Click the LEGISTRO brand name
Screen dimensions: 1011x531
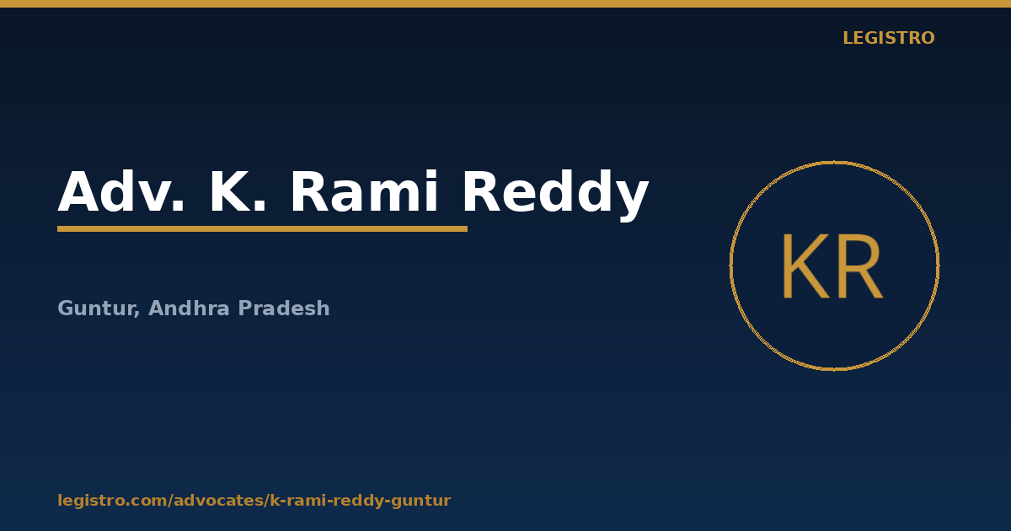tap(889, 38)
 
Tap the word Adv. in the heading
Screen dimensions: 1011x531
tap(121, 191)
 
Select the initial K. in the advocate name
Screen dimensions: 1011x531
tap(238, 191)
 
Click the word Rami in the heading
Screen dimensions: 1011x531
tap(364, 191)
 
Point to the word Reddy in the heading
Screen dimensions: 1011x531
tap(555, 195)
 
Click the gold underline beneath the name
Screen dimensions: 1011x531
tap(262, 229)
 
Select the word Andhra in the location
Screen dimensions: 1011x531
tap(189, 308)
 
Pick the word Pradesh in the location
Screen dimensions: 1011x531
tap(284, 308)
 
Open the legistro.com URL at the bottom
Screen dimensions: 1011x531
tap(254, 501)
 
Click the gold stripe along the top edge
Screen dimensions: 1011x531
tap(505, 3)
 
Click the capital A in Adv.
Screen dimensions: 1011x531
tap(78, 191)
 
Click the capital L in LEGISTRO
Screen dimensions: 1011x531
tap(848, 38)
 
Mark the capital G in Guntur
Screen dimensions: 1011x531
tap(66, 308)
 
